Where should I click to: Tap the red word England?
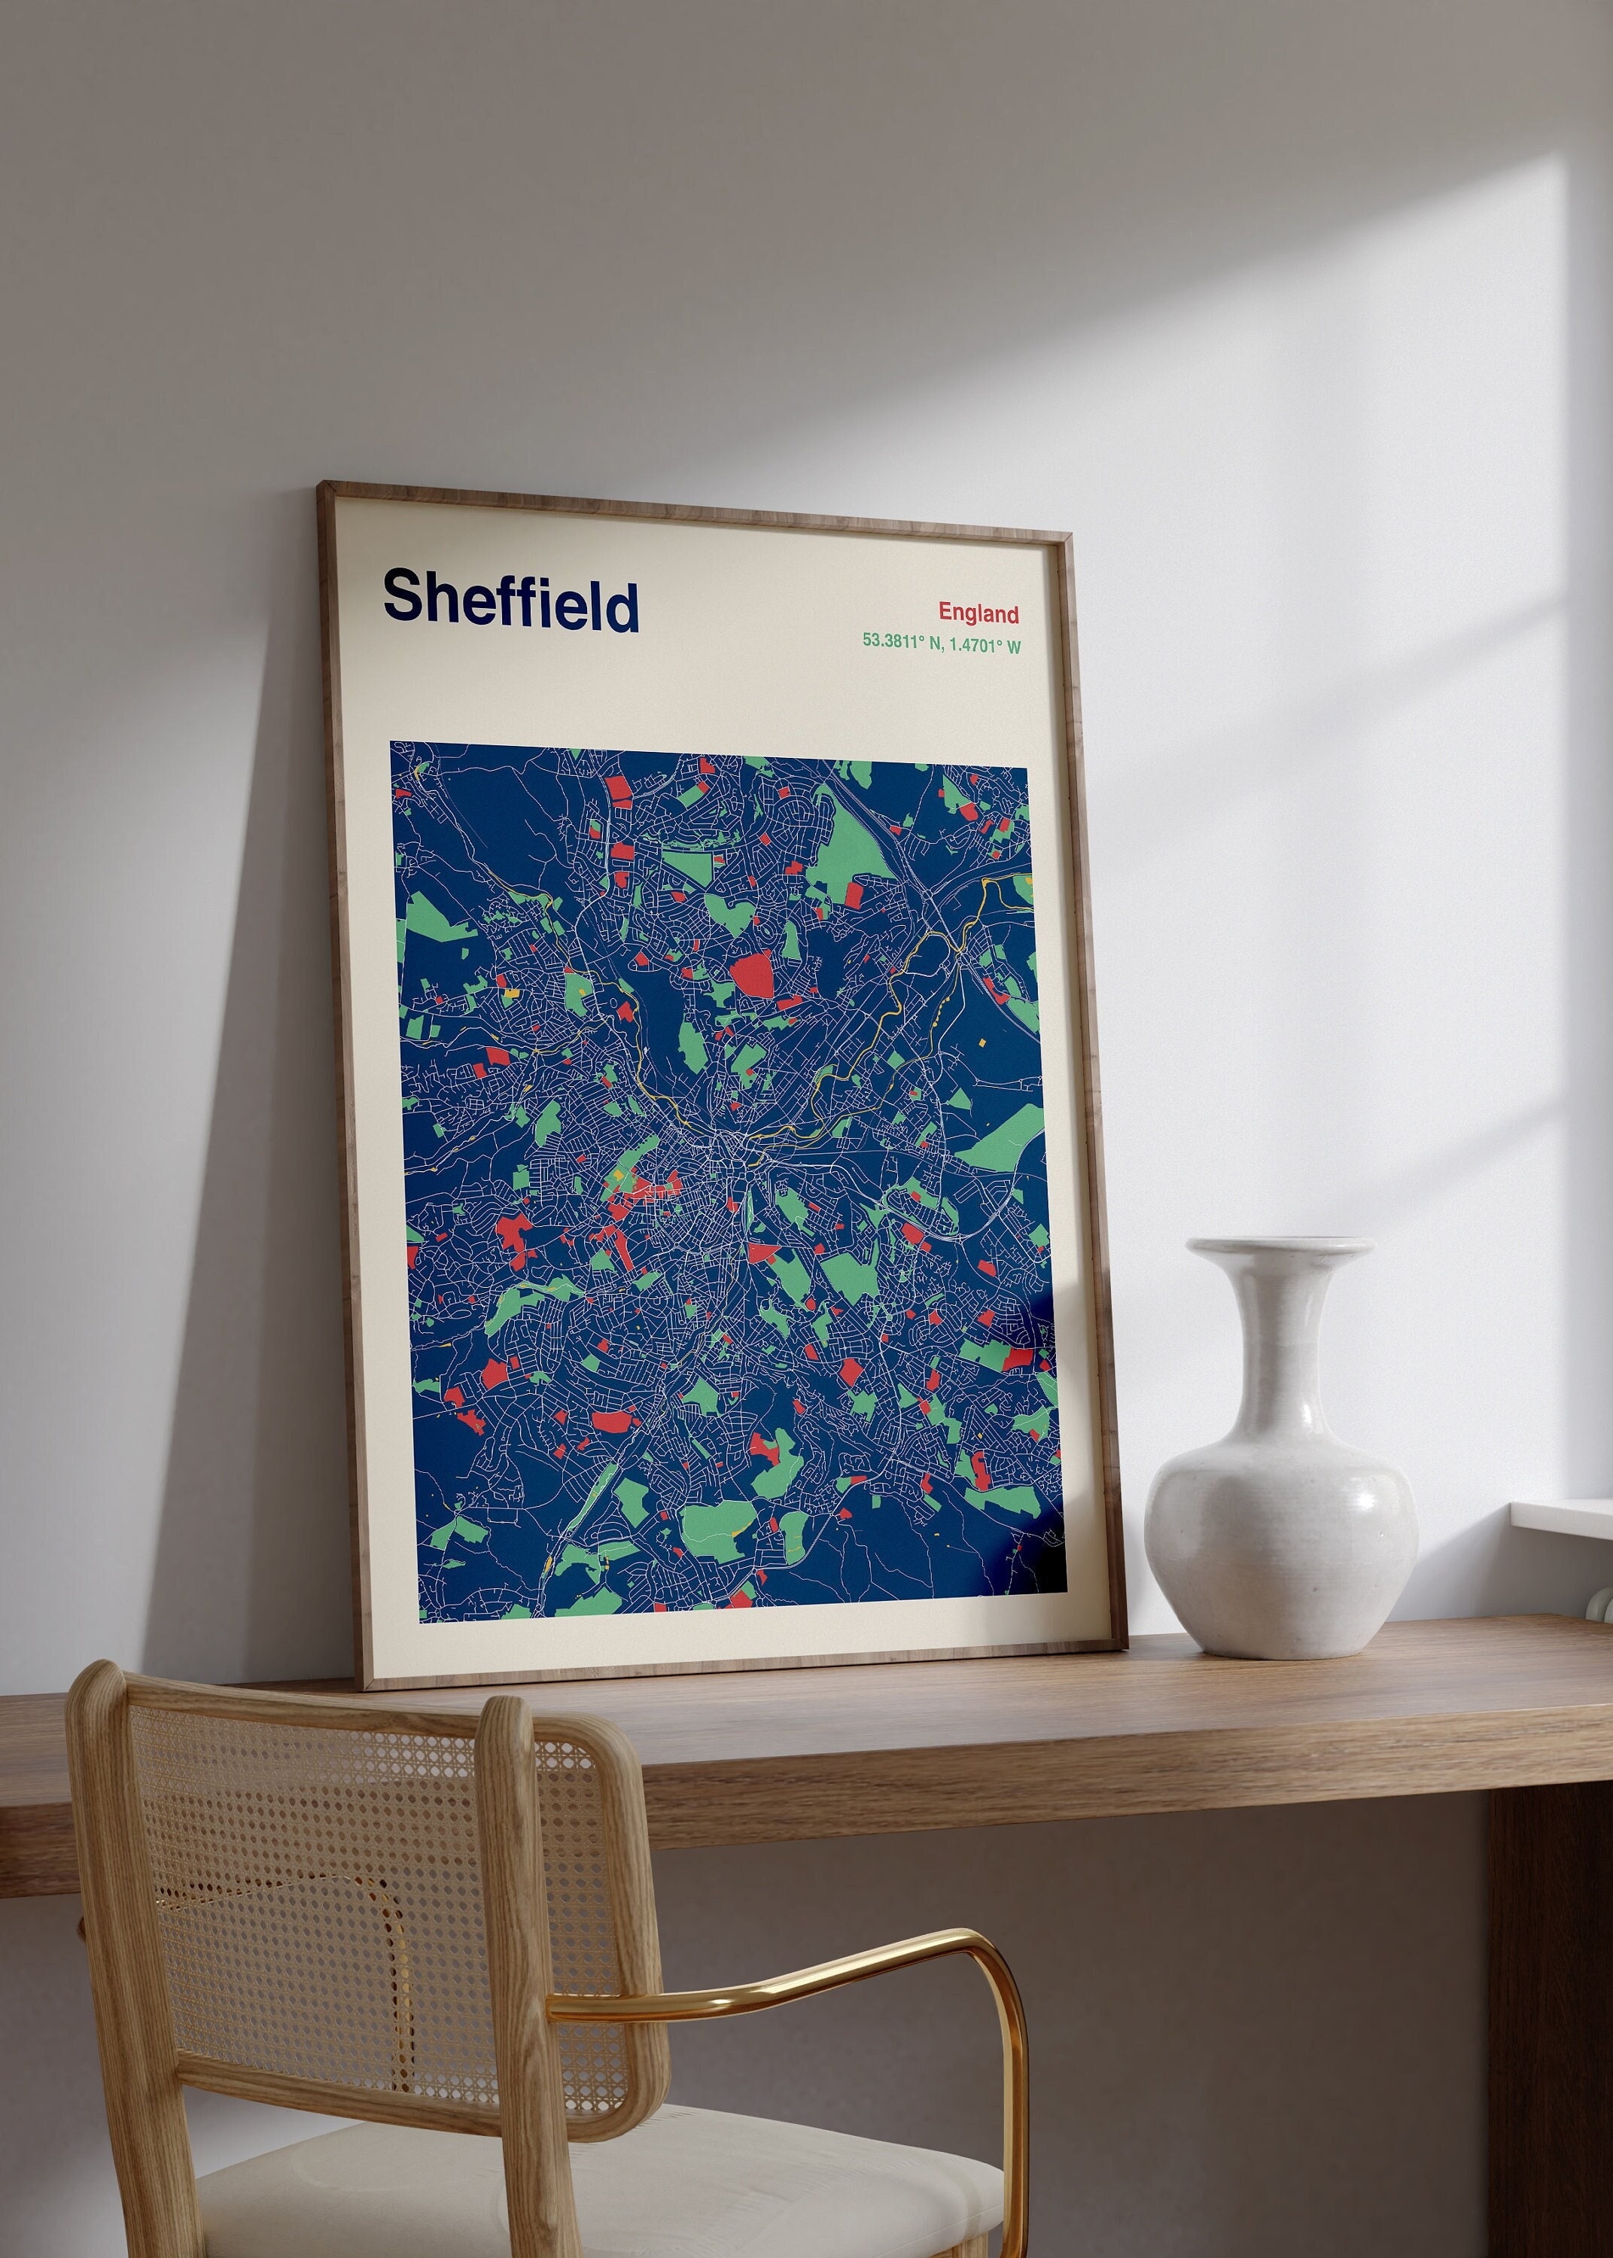click(978, 613)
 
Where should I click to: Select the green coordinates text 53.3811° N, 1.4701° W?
click(941, 643)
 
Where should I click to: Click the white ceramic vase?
click(1280, 1490)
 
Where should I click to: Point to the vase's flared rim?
click(1280, 1248)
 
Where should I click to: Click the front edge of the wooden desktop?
click(894, 1777)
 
